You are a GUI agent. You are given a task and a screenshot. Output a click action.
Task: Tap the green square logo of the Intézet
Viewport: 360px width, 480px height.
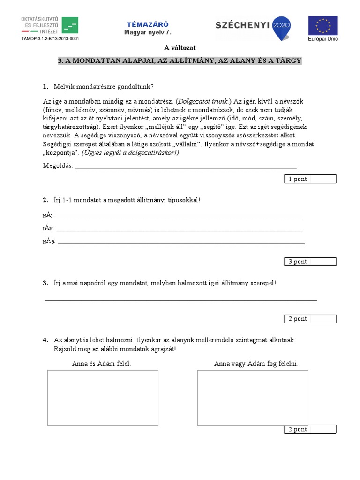[70, 25]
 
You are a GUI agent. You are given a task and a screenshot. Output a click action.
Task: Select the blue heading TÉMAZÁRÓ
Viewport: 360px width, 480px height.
[148, 24]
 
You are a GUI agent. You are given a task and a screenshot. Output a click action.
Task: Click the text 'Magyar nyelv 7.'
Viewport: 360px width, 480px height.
[148, 32]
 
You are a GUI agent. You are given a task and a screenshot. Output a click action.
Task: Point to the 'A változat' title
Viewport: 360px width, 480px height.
[180, 47]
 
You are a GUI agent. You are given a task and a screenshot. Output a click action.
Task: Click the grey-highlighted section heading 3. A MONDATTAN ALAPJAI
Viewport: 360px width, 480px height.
[180, 61]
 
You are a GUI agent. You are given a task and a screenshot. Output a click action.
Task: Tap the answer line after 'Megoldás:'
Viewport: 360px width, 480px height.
[186, 167]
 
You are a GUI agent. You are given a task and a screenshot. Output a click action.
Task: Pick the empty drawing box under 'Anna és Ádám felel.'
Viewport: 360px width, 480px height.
[103, 397]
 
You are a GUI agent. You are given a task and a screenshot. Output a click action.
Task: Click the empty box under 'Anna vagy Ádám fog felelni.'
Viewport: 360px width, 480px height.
[253, 397]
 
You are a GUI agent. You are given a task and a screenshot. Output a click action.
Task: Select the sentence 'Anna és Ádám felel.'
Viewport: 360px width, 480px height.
[102, 364]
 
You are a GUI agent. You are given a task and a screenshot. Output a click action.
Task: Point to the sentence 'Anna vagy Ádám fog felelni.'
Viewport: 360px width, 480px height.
[256, 364]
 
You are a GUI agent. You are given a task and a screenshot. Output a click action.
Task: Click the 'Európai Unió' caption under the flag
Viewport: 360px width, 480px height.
[322, 39]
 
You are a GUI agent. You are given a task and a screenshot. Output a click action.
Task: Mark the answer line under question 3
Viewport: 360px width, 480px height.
[180, 300]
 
